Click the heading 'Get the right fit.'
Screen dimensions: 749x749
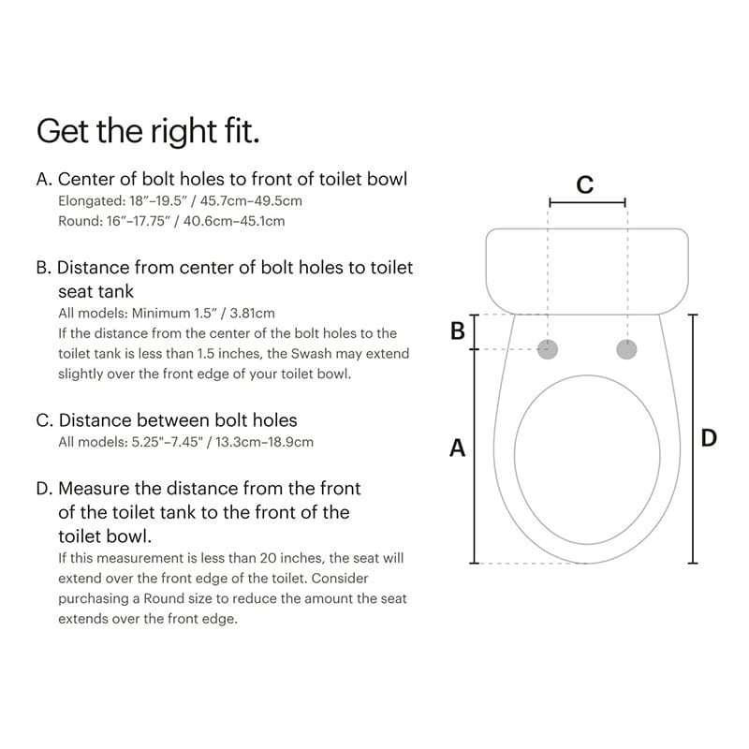(x=148, y=130)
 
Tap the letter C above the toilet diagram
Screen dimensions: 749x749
(x=585, y=184)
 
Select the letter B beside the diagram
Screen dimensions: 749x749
(x=458, y=331)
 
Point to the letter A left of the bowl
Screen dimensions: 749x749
(x=457, y=448)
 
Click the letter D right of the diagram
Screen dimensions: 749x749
(x=709, y=437)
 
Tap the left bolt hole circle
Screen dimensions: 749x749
(x=550, y=349)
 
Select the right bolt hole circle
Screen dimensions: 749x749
(x=626, y=349)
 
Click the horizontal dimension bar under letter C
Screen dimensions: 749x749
(x=587, y=201)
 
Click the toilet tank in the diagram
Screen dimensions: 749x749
(x=587, y=271)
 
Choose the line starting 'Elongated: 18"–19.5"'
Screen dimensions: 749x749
(x=180, y=200)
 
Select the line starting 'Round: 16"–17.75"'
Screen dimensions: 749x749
(x=171, y=221)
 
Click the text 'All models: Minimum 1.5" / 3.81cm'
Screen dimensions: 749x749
(x=167, y=313)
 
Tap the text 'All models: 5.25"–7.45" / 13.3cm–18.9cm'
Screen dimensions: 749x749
(x=185, y=442)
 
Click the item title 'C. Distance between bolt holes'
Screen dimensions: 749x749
(x=167, y=420)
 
